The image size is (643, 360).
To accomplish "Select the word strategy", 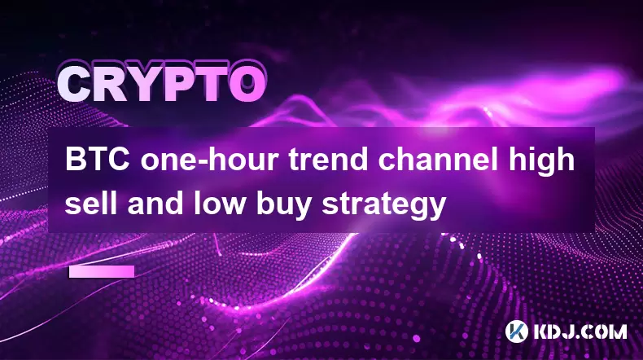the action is pos(383,205).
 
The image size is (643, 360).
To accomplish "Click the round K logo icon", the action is pos(517,331).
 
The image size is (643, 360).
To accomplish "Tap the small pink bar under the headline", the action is pos(102,272).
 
